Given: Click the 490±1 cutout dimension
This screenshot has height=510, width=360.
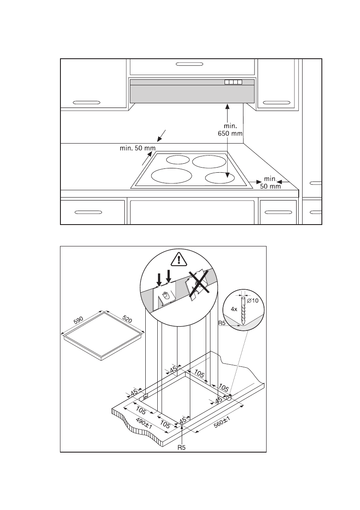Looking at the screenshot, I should [x=143, y=425].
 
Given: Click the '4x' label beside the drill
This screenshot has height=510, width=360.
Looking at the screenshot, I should [x=234, y=308].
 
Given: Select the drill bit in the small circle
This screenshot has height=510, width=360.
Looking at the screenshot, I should [x=243, y=311].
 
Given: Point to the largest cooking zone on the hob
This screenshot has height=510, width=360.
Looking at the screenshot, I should [x=171, y=176].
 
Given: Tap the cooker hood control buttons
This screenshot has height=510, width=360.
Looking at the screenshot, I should [x=233, y=82].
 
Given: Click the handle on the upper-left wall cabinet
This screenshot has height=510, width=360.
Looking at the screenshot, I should [x=87, y=102].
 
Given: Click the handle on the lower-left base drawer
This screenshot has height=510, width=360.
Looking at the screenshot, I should [x=88, y=212].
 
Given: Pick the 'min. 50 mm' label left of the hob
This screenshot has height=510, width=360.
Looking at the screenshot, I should [x=138, y=149].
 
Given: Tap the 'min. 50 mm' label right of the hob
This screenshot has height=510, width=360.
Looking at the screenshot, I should [x=270, y=182].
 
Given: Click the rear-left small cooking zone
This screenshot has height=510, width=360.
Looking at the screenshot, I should [x=177, y=160].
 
